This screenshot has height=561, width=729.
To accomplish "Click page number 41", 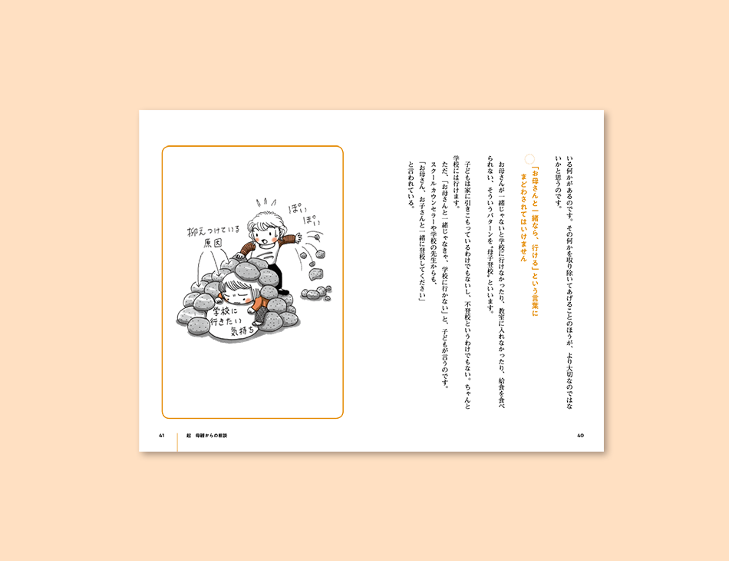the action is click(162, 436).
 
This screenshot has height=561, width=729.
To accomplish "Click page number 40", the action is click(580, 436).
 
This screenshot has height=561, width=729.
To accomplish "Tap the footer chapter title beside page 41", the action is click(207, 436).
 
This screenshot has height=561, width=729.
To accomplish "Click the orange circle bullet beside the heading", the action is click(529, 159).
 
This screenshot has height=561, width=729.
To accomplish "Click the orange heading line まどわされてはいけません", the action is click(523, 217).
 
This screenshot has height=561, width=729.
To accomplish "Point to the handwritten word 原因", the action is click(213, 243).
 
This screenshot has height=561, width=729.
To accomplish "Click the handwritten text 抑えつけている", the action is click(213, 230).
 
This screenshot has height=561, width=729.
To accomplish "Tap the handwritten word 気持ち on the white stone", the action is click(243, 330).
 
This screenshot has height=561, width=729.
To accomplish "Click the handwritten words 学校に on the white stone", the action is click(225, 310).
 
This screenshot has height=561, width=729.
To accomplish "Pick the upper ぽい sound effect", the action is click(300, 207).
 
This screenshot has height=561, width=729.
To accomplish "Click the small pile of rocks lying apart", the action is click(317, 292).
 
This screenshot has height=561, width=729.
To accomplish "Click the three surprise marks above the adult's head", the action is click(266, 203).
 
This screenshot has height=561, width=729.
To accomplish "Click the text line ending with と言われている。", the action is click(411, 184).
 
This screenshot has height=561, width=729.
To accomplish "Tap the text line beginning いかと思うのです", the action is click(558, 182).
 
